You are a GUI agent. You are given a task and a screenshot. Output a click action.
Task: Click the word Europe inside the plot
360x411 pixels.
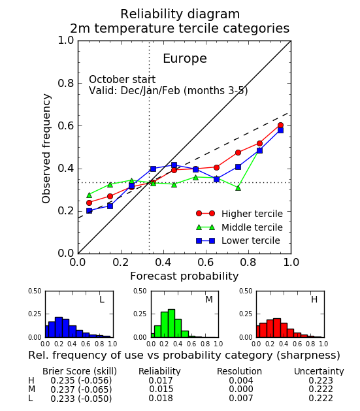click(185, 59)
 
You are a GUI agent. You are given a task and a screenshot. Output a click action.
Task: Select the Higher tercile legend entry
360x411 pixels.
click(239, 214)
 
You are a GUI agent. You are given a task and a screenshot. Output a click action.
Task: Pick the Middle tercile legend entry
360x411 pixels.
click(239, 227)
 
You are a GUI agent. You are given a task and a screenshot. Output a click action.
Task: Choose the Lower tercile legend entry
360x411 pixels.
click(238, 240)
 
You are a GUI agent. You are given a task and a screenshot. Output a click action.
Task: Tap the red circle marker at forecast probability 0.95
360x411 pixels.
click(280, 125)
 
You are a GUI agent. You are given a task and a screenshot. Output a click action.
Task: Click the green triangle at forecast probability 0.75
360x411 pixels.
click(238, 188)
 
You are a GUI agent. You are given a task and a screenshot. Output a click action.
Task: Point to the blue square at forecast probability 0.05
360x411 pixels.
click(89, 210)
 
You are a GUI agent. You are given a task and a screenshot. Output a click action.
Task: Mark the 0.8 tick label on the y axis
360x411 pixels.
click(66, 84)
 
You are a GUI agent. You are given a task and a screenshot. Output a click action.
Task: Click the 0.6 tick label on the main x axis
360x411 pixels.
click(206, 262)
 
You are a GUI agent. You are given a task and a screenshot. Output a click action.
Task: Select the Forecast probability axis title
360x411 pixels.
click(184, 276)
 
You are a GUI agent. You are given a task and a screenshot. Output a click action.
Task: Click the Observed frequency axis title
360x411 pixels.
click(46, 148)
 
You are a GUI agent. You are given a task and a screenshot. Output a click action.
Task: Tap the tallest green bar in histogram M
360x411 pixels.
click(171, 323)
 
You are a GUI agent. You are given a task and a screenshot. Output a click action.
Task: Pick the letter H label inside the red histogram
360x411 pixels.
click(314, 299)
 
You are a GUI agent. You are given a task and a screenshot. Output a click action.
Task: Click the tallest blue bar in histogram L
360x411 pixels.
click(59, 327)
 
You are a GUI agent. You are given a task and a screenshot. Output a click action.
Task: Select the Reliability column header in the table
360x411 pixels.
click(159, 371)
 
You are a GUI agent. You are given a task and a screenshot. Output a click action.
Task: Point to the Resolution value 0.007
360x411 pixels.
click(241, 398)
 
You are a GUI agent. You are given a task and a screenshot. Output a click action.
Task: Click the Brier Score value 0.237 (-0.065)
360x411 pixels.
click(81, 389)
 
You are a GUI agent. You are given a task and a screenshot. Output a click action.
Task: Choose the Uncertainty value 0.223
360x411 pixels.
click(321, 380)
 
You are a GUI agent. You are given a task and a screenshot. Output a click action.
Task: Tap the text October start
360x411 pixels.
click(122, 80)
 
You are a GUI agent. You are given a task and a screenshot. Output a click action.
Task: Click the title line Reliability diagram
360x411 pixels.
click(180, 14)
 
